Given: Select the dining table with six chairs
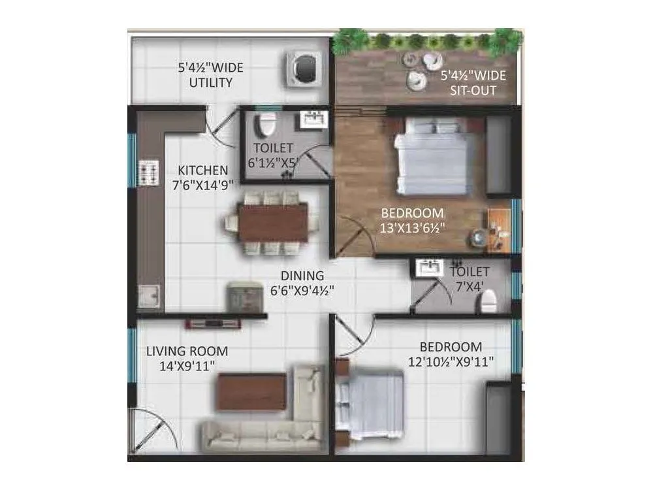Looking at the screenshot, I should (x=272, y=222).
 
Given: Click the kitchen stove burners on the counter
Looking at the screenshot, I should (x=148, y=173).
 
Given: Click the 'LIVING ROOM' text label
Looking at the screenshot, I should (x=187, y=351).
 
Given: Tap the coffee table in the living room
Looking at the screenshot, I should (x=251, y=391).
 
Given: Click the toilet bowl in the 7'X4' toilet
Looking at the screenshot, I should (x=487, y=301).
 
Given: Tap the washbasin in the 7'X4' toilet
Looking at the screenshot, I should (x=429, y=268).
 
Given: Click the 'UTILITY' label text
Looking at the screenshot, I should (x=210, y=83).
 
